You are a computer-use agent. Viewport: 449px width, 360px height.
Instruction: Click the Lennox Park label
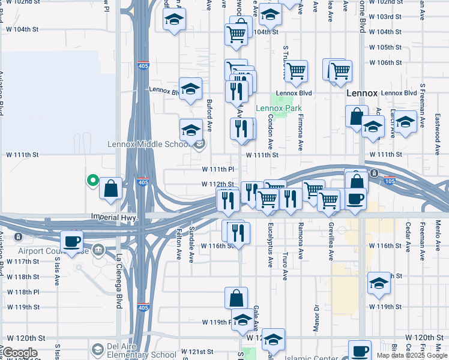point(279,108)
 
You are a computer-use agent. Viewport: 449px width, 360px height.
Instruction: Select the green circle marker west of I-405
point(92,179)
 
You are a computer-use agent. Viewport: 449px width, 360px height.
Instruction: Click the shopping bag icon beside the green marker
point(111,188)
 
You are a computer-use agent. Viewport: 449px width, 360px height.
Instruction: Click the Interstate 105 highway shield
point(390,181)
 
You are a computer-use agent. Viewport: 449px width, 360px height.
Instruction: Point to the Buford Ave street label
point(209,115)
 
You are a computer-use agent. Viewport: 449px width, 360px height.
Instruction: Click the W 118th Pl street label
point(23,292)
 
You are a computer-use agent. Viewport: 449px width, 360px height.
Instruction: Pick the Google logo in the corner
point(19,352)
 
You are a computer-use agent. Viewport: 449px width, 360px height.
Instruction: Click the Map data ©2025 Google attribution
point(412,355)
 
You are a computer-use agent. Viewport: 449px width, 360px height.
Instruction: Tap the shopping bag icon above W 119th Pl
point(237,298)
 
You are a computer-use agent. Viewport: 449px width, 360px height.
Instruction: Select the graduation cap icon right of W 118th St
point(379,283)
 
